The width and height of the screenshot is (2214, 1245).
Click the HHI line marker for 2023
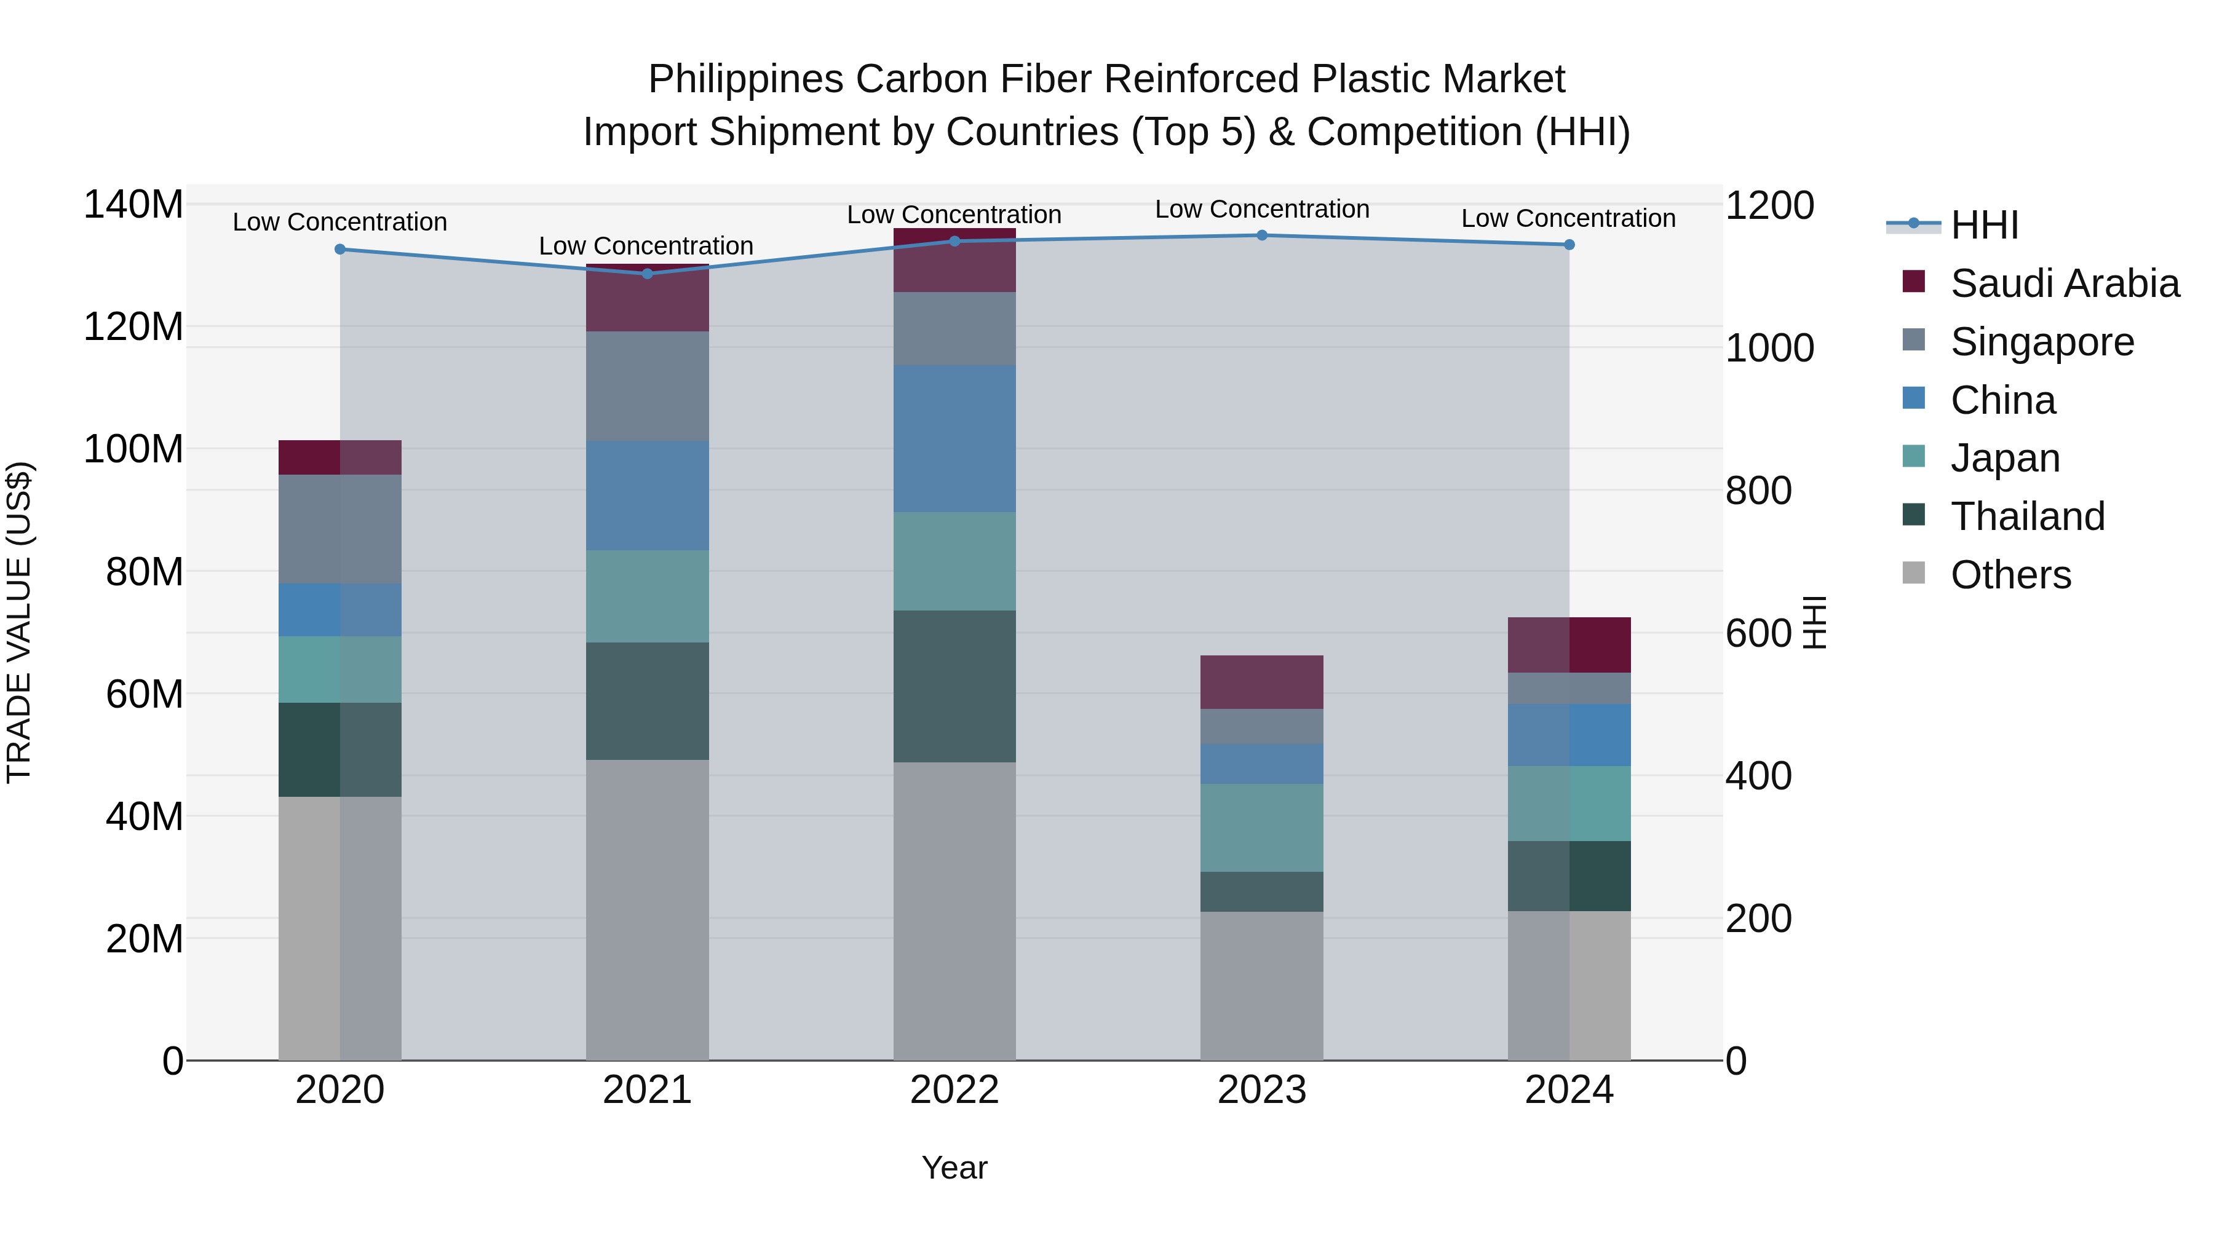[x=1262, y=235]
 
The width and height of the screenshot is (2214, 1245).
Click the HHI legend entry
[x=1983, y=225]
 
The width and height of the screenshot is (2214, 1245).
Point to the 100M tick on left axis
[x=133, y=449]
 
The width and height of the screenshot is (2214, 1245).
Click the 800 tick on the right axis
[x=1758, y=491]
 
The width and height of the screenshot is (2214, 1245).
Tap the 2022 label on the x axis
[x=954, y=1090]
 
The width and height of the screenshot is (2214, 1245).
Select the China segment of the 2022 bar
[x=954, y=439]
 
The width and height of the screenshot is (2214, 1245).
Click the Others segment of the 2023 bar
[x=1262, y=986]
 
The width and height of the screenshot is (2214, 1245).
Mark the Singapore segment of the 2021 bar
[x=647, y=387]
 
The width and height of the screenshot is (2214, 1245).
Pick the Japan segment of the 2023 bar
[x=1262, y=828]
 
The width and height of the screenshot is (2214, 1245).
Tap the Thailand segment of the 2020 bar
[x=339, y=750]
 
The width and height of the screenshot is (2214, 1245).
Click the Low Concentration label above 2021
[x=646, y=247]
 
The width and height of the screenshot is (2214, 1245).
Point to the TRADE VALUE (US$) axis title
[x=19, y=623]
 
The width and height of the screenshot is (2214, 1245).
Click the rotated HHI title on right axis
[x=1814, y=623]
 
